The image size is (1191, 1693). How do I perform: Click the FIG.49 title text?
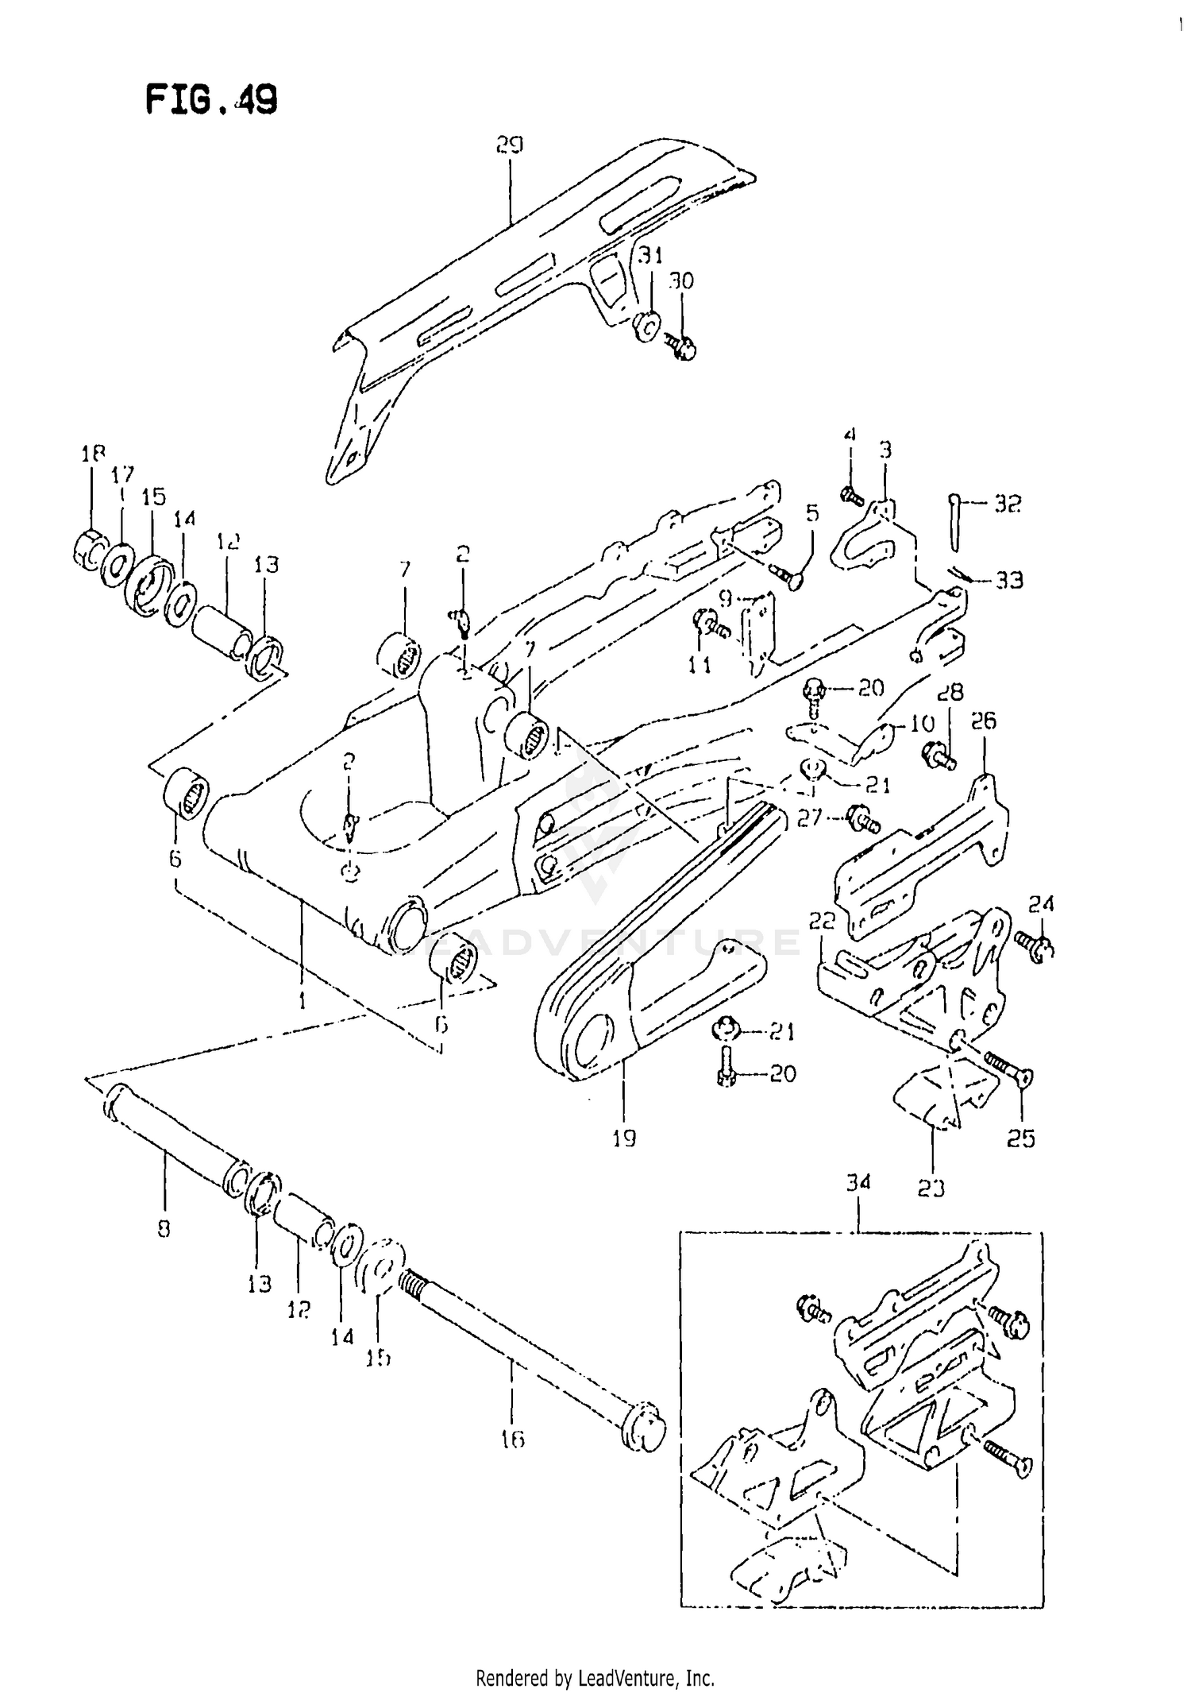[211, 100]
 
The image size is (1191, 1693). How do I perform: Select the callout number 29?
[509, 145]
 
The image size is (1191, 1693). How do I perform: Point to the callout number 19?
[624, 1138]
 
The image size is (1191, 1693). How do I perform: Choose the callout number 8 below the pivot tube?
[164, 1231]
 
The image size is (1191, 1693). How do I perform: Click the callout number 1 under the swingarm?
[303, 1003]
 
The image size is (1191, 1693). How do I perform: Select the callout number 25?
[1021, 1138]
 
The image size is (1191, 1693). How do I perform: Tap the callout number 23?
[931, 1189]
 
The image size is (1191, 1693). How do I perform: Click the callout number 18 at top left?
[93, 454]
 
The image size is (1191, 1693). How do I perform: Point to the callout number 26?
[983, 721]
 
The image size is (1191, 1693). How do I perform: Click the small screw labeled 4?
[851, 496]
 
